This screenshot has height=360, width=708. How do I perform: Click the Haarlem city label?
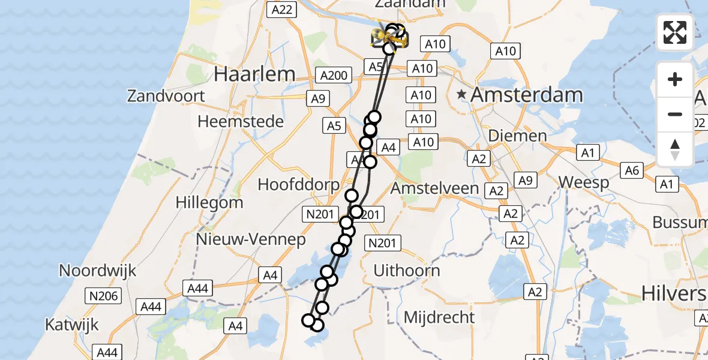(x=254, y=74)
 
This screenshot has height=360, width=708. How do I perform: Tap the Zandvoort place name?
(x=166, y=95)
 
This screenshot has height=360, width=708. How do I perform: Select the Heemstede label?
(x=241, y=121)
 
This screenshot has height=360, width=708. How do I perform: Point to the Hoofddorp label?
(x=299, y=184)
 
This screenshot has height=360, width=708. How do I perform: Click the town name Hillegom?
(x=209, y=202)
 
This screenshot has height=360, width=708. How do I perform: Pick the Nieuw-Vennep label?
(x=250, y=240)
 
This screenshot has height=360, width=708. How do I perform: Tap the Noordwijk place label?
(x=97, y=270)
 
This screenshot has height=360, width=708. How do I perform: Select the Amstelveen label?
(x=435, y=188)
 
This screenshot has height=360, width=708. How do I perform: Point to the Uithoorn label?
(x=406, y=271)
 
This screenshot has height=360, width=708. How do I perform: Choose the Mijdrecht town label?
(x=439, y=317)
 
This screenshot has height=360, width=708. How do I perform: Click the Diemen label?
(x=517, y=136)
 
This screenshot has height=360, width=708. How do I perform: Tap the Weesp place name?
(x=584, y=182)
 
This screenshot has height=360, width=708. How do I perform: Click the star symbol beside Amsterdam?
(x=461, y=94)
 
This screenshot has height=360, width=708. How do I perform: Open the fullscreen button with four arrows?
(x=675, y=32)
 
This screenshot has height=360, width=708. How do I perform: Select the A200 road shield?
(x=334, y=76)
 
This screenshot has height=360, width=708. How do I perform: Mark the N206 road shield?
(x=104, y=295)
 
